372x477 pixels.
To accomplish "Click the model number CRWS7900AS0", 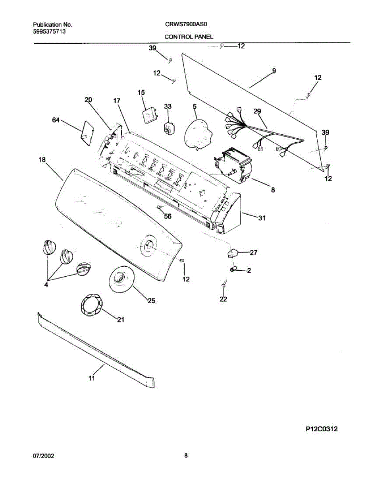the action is pos(186,24).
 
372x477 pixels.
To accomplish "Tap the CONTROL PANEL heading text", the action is pos(189,37).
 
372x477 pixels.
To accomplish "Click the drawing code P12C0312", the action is pos(322,429).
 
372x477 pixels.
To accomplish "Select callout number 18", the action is pos(42,159).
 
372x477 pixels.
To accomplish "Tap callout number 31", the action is pos(262,218).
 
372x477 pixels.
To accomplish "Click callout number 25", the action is pos(151,301).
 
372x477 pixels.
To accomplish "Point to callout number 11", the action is pos(92,378).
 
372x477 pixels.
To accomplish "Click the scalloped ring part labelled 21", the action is pos(92,306).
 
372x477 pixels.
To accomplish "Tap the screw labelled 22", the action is pos(224,283).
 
